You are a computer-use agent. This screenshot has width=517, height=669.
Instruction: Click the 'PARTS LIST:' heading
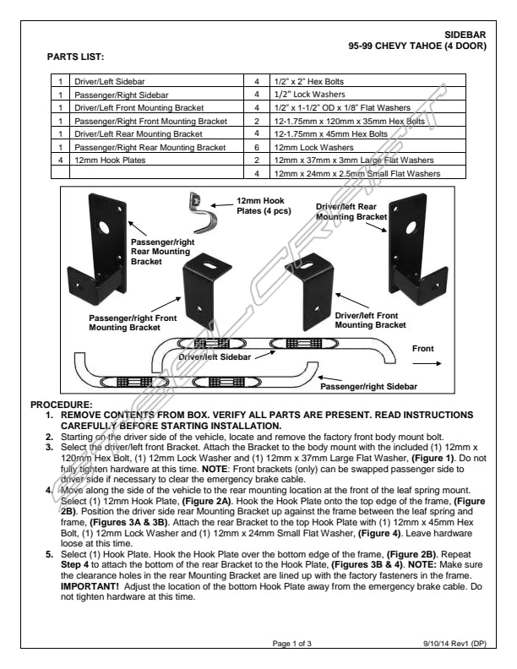(75, 57)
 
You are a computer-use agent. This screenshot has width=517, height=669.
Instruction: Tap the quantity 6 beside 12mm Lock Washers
(257, 148)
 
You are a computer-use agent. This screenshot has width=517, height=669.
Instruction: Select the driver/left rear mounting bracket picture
(417, 249)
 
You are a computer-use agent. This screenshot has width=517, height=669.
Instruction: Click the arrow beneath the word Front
(427, 363)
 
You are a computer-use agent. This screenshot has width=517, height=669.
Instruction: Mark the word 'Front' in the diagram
(422, 349)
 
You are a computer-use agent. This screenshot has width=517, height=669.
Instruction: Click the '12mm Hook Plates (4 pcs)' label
(264, 205)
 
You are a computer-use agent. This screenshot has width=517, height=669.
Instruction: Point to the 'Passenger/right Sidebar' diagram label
(368, 387)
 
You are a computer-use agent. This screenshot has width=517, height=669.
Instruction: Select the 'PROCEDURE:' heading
(62, 405)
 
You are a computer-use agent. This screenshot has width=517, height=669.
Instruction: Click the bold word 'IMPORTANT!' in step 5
(90, 586)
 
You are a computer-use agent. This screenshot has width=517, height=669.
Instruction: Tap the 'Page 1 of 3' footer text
(291, 644)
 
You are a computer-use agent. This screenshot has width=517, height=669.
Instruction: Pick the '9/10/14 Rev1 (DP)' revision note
(454, 644)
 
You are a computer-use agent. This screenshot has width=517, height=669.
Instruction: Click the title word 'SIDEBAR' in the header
(465, 35)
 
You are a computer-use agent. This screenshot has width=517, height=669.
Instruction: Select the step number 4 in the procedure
(49, 490)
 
